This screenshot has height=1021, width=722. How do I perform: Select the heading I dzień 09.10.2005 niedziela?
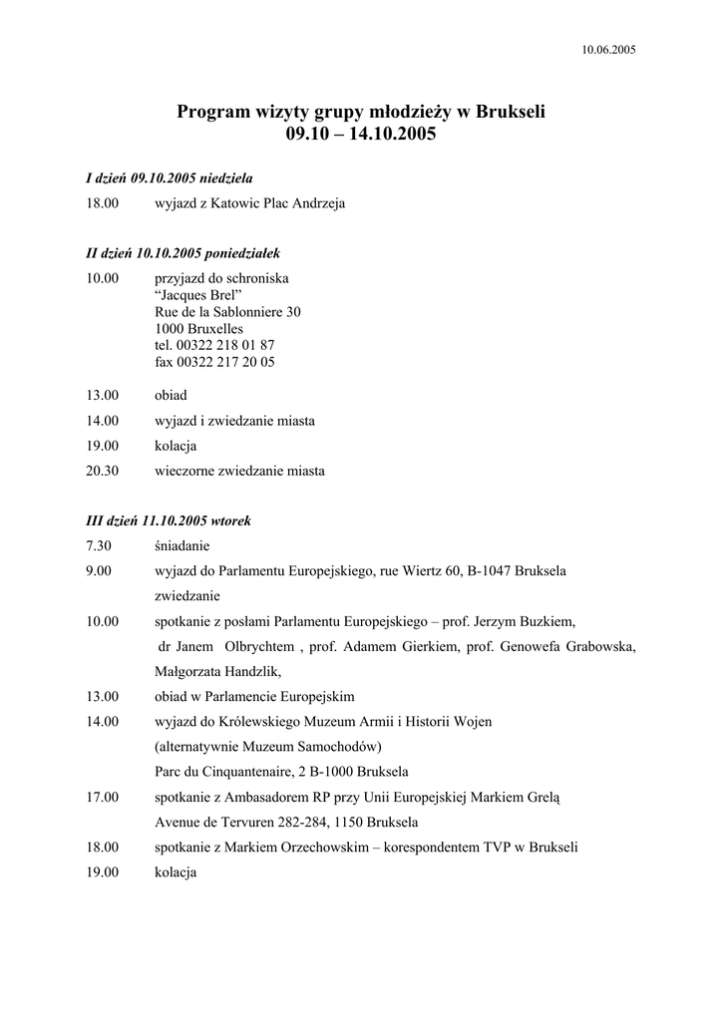(170, 178)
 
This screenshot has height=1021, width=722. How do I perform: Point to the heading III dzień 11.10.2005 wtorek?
(169, 520)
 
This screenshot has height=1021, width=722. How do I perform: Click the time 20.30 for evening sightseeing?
(103, 471)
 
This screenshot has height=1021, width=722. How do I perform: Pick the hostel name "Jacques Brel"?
(198, 295)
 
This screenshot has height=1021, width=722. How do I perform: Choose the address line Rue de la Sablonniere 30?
(227, 312)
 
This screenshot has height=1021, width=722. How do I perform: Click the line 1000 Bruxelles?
(198, 329)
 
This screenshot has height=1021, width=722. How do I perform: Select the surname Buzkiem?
(546, 621)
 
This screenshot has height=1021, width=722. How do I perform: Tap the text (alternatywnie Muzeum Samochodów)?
(268, 747)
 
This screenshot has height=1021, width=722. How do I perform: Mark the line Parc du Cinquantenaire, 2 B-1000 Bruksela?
(281, 772)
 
